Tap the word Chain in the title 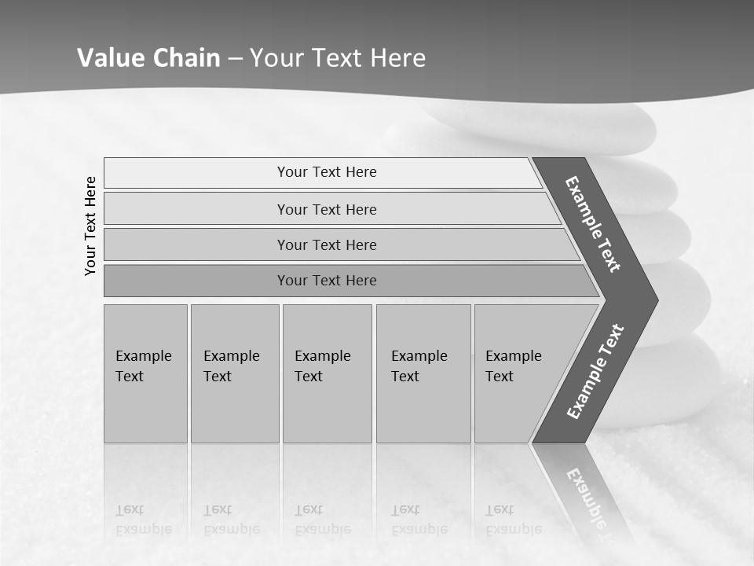[x=187, y=58]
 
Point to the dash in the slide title [x=235, y=59]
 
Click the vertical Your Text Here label [x=90, y=226]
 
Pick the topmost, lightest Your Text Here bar [x=327, y=172]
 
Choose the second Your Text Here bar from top [x=327, y=209]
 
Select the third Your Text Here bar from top [x=327, y=245]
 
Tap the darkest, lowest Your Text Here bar [x=327, y=281]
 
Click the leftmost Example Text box [x=145, y=373]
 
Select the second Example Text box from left [x=234, y=373]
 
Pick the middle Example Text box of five [x=327, y=373]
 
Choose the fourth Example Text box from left [x=423, y=373]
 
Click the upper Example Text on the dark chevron [x=593, y=223]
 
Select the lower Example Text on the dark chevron [x=595, y=372]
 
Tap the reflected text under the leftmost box [x=144, y=520]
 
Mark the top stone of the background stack [x=542, y=124]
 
